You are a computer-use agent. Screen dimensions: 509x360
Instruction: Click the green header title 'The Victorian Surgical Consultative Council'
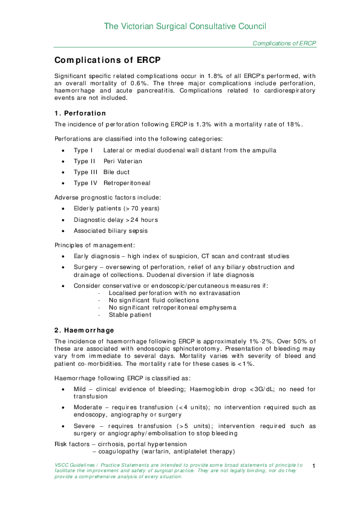pyautogui.click(x=185, y=26)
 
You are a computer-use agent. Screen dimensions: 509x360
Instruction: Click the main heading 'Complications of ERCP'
pyautogui.click(x=107, y=60)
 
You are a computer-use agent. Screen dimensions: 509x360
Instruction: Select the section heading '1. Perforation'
pyautogui.click(x=80, y=113)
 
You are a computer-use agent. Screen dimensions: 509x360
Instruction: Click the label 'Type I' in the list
pyautogui.click(x=83, y=150)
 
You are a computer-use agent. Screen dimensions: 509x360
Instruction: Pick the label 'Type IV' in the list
pyautogui.click(x=85, y=183)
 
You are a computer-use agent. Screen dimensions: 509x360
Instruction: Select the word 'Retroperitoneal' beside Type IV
pyautogui.click(x=126, y=183)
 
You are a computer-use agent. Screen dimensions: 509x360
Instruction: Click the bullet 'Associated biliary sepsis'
pyautogui.click(x=111, y=230)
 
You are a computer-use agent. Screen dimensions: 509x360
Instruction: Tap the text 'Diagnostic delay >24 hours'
pyautogui.click(x=116, y=219)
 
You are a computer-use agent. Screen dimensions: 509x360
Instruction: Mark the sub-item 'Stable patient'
pyautogui.click(x=130, y=314)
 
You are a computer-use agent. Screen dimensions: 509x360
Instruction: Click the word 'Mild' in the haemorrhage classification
pyautogui.click(x=81, y=389)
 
